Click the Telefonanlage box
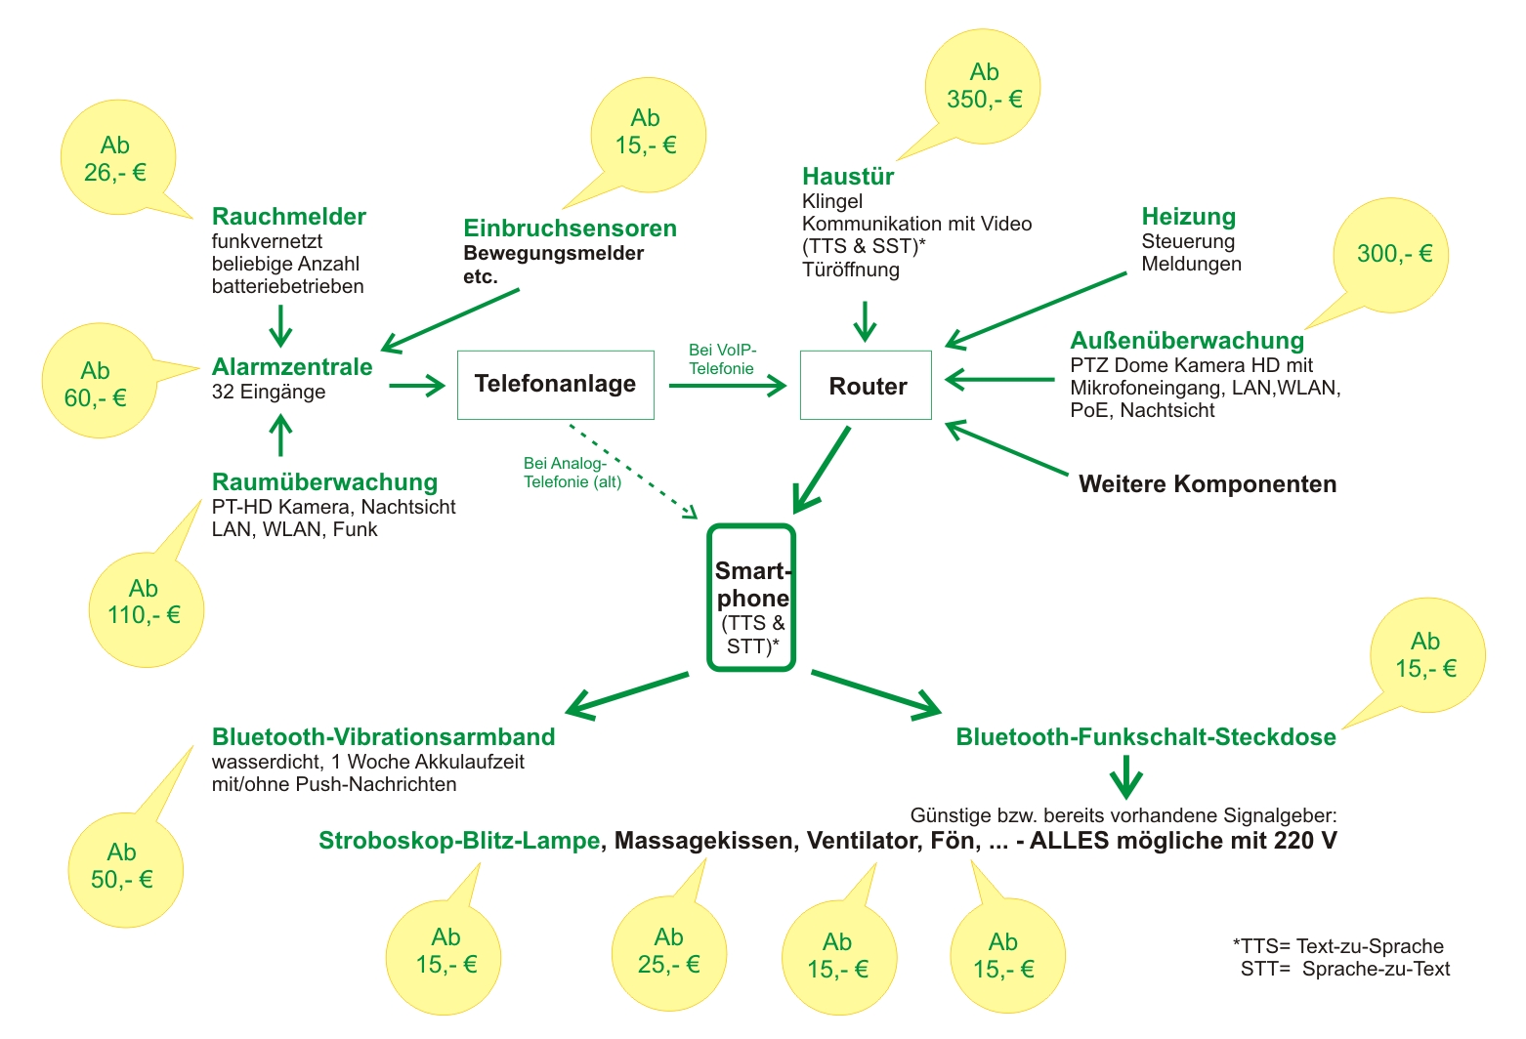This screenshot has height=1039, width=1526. pyautogui.click(x=555, y=385)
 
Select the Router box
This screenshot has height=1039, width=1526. pyautogui.click(x=866, y=386)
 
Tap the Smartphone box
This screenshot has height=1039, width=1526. pyautogui.click(x=751, y=598)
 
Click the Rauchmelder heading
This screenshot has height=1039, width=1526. pyautogui.click(x=289, y=217)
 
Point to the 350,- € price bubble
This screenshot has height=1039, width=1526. pyautogui.click(x=983, y=87)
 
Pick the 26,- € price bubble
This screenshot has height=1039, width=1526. pyautogui.click(x=117, y=159)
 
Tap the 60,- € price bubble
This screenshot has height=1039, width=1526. pyautogui.click(x=97, y=383)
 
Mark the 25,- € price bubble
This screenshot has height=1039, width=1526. pyautogui.click(x=669, y=952)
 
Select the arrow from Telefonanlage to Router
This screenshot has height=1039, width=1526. pyautogui.click(x=727, y=386)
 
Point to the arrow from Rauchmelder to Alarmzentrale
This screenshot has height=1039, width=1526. pyautogui.click(x=280, y=325)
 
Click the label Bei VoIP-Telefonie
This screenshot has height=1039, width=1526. pyautogui.click(x=722, y=359)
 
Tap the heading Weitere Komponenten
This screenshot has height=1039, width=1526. pyautogui.click(x=1208, y=484)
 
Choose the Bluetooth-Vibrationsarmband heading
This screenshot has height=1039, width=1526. pyautogui.click(x=383, y=737)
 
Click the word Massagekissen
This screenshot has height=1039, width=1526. pyautogui.click(x=703, y=841)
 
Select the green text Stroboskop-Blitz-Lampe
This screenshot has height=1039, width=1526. pyautogui.click(x=459, y=841)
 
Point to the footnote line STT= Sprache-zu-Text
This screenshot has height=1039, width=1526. pyautogui.click(x=1345, y=970)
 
